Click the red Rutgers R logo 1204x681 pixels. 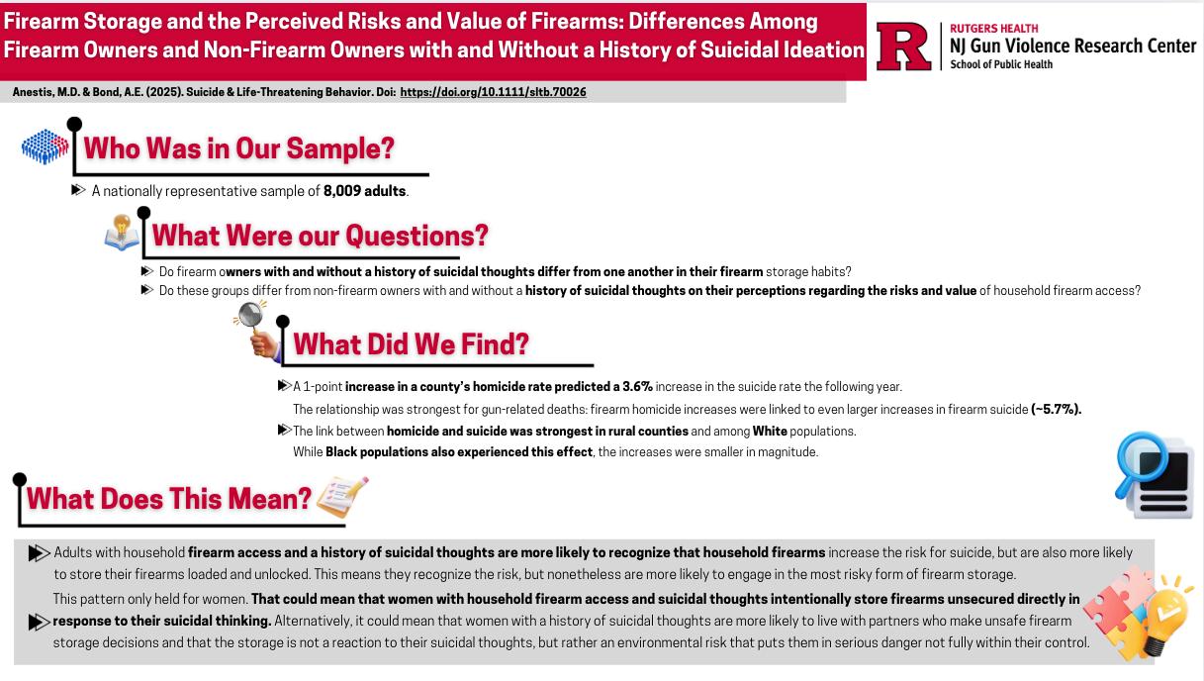point(904,47)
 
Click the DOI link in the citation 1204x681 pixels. point(493,92)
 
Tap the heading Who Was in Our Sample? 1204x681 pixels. point(238,148)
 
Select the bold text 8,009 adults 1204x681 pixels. point(364,191)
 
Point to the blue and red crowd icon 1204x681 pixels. point(46,147)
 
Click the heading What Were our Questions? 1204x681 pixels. point(320,236)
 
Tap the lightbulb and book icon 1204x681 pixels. point(122,234)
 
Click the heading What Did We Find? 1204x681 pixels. point(411,343)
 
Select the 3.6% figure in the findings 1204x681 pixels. point(637,386)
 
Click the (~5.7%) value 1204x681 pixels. point(1056,409)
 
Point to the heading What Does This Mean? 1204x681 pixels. point(168,498)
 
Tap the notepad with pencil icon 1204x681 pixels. point(342,497)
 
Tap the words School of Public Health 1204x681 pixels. point(1000,64)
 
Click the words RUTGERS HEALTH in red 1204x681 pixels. point(993,29)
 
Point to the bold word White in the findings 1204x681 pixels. point(770,431)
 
